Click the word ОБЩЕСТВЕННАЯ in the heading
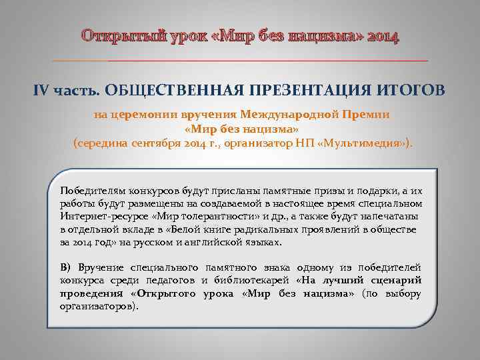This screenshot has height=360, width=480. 162,90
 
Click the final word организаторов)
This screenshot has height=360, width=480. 99,307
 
